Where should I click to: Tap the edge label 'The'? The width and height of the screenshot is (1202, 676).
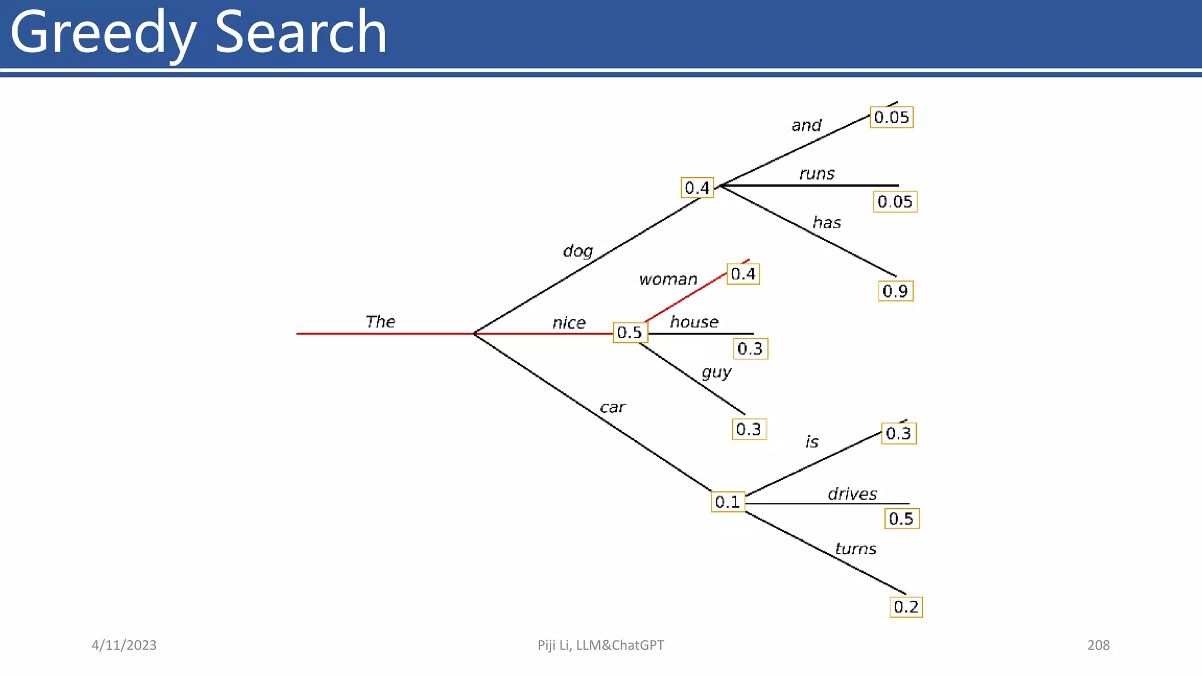(x=380, y=322)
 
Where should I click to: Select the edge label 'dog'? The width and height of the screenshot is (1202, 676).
(x=578, y=251)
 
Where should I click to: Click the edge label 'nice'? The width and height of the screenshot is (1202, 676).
(x=569, y=323)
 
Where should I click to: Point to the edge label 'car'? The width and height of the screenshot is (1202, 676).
(x=613, y=407)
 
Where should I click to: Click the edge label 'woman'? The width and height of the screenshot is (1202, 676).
(x=668, y=279)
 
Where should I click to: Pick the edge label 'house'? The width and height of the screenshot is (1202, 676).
(x=694, y=322)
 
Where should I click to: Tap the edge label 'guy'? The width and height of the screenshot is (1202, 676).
(x=717, y=373)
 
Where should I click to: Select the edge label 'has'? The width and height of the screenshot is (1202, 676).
(x=826, y=223)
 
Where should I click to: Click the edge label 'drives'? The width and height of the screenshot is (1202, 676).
(x=852, y=494)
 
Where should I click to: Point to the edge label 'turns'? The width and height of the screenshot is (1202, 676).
(x=856, y=549)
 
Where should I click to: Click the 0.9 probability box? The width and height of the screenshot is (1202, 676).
(x=895, y=291)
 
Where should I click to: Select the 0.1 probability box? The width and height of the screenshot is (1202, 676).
(x=728, y=502)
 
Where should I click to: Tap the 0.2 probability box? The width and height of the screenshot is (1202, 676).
(x=906, y=607)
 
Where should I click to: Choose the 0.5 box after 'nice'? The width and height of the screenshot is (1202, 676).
(x=630, y=333)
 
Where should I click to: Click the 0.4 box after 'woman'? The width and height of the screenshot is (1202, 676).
(x=743, y=274)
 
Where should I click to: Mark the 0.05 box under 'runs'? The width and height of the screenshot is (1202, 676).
(x=895, y=202)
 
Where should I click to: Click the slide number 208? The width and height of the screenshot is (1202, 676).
(x=1098, y=645)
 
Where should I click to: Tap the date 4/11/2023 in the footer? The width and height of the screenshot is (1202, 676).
(x=124, y=645)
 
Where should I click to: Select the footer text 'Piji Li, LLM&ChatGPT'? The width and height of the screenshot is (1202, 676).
(x=600, y=645)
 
